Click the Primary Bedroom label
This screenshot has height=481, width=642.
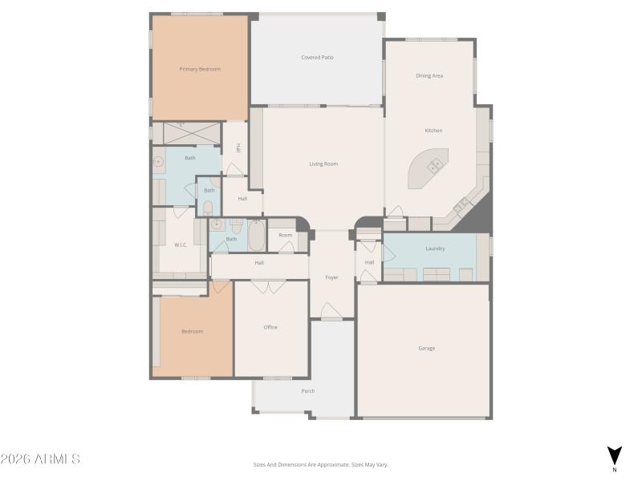coord(200,69)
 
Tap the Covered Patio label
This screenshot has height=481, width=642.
coord(317,58)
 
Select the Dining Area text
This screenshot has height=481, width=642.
coord(429,76)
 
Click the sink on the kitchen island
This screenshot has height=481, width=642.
coord(436,166)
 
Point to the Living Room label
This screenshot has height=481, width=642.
coord(323,164)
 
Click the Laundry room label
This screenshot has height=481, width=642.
coord(435,249)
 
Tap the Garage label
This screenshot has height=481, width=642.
coord(426,348)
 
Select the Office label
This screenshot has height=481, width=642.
coord(270,327)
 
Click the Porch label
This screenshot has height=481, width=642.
coord(308,391)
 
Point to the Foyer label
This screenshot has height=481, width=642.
coord(331,277)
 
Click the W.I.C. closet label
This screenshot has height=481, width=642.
coord(181,245)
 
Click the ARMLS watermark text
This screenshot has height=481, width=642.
coord(40,459)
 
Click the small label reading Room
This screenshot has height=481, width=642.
coord(286,235)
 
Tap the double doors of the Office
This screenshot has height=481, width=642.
coord(267,285)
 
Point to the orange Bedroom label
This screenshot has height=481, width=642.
coord(192,331)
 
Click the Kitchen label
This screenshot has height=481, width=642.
coord(433,131)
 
